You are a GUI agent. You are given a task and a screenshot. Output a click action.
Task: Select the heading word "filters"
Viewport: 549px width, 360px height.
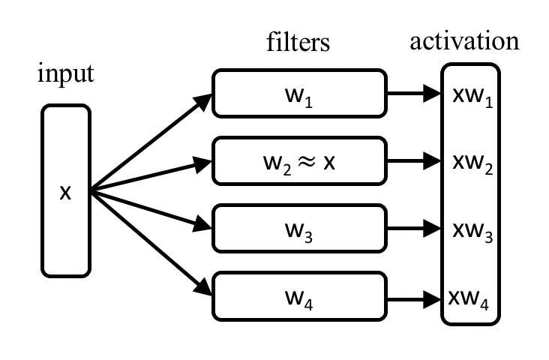tap(298, 42)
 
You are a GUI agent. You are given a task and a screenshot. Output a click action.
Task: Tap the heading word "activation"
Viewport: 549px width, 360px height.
tap(464, 40)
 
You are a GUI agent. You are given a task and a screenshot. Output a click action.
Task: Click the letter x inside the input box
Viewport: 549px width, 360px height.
tap(65, 192)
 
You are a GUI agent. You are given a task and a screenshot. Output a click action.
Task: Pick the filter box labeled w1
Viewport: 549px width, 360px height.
tap(298, 94)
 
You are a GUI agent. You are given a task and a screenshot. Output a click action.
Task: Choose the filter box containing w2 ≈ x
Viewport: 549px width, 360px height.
tap(298, 161)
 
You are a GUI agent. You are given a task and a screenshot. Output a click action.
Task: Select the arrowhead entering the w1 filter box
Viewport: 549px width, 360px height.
tap(203, 100)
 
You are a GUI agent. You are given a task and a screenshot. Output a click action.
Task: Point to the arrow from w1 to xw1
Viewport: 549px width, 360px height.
tap(412, 94)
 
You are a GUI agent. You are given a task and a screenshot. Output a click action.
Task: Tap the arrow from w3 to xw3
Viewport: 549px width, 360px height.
tap(412, 228)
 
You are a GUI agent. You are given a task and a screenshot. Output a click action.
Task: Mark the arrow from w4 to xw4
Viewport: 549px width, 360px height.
tap(412, 298)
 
